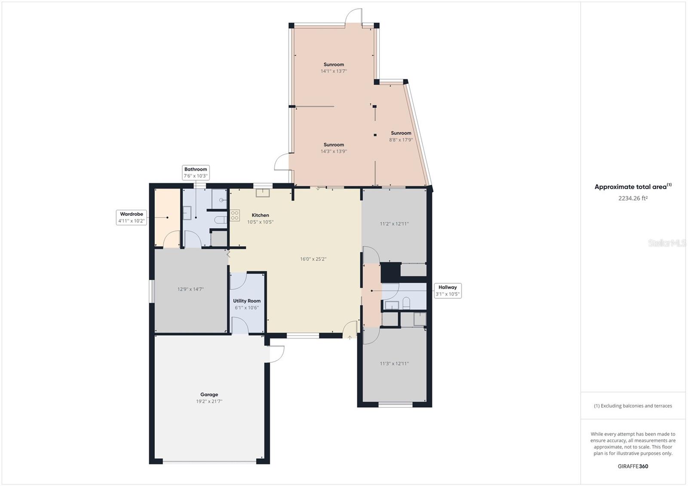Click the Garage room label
coord(209,394)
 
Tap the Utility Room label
coord(247,301)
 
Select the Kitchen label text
coord(260,215)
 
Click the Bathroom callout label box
coord(196,172)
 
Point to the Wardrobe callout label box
coord(131,217)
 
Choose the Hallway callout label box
coord(448,290)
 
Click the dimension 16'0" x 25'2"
coord(313,259)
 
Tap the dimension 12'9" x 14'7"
coord(190,289)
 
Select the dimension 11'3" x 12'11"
coord(394,364)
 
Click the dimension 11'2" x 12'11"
coord(394,224)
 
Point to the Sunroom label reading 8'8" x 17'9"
coord(401,136)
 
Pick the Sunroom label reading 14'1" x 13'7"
coord(334,68)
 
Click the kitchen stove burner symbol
coord(235,215)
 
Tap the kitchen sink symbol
coord(262,193)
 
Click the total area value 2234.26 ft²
coord(633,199)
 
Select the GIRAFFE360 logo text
coord(633,466)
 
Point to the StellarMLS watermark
coord(667,243)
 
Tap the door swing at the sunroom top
coord(353,17)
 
